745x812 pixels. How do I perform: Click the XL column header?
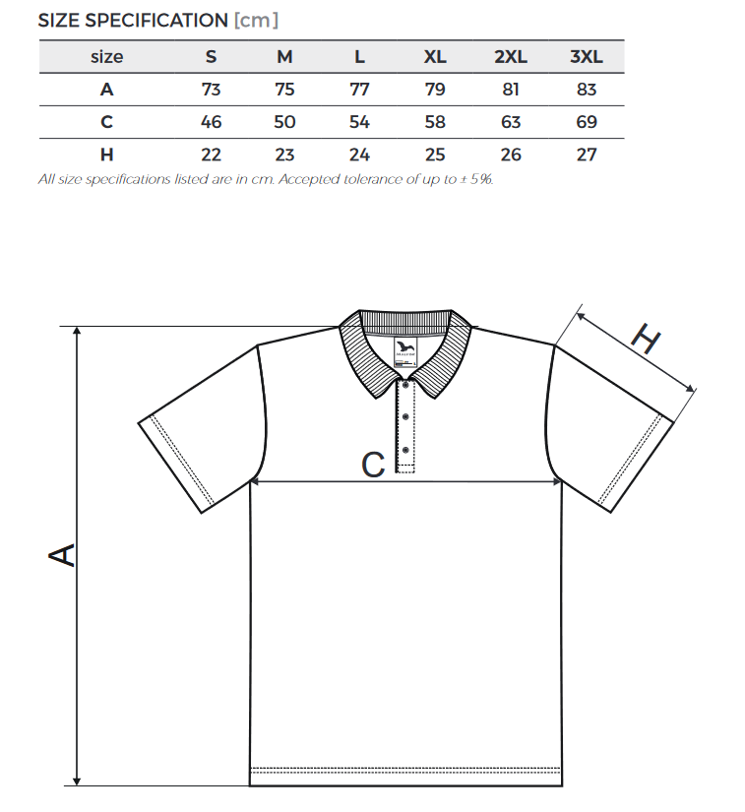(x=435, y=56)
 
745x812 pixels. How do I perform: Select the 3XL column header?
(x=586, y=56)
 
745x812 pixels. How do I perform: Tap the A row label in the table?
(x=106, y=90)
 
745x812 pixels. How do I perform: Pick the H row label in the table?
(x=106, y=155)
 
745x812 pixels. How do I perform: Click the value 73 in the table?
(x=211, y=90)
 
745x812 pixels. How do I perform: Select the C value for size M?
(x=284, y=122)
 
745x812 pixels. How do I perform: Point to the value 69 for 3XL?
(x=587, y=122)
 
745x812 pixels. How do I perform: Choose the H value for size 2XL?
(x=511, y=155)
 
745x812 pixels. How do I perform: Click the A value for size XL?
(x=435, y=90)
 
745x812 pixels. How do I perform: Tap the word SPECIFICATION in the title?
(x=156, y=21)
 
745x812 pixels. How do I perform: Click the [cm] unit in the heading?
(x=256, y=21)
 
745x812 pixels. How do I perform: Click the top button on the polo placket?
(x=405, y=385)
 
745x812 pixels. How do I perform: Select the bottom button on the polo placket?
(x=405, y=450)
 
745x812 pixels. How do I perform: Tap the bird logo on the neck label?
(x=405, y=345)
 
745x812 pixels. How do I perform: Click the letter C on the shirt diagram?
(x=373, y=465)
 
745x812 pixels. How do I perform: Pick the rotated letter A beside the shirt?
(x=62, y=555)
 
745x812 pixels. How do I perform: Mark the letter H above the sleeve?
(x=647, y=340)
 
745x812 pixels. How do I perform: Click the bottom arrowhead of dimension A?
(x=77, y=781)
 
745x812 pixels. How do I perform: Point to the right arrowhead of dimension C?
(x=557, y=481)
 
